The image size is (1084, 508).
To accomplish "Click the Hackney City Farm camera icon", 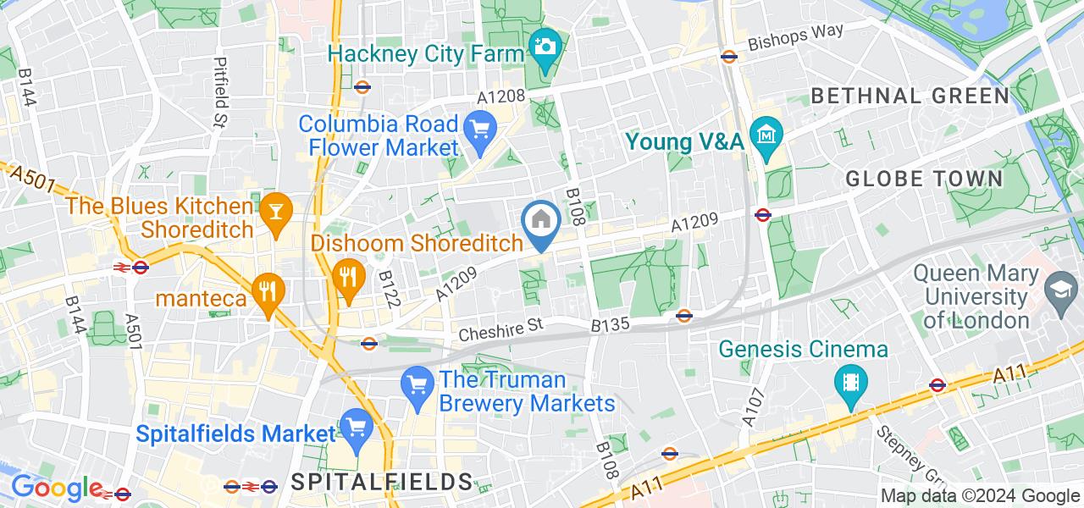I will pos(545,46).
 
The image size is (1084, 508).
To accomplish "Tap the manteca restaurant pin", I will pos(268,290).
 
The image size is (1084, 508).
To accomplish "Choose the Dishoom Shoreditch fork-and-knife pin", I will pos(346,274).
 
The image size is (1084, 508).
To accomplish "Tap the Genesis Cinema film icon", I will pos(849,382).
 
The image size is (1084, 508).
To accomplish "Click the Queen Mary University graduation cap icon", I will pos(1058,286).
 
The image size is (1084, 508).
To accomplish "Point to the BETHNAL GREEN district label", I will pos(910,96).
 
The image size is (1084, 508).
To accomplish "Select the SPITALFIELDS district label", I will pos(381,483).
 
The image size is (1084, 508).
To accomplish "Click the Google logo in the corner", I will pos(56,489).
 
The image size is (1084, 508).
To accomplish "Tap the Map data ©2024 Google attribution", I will pos(980,496).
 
